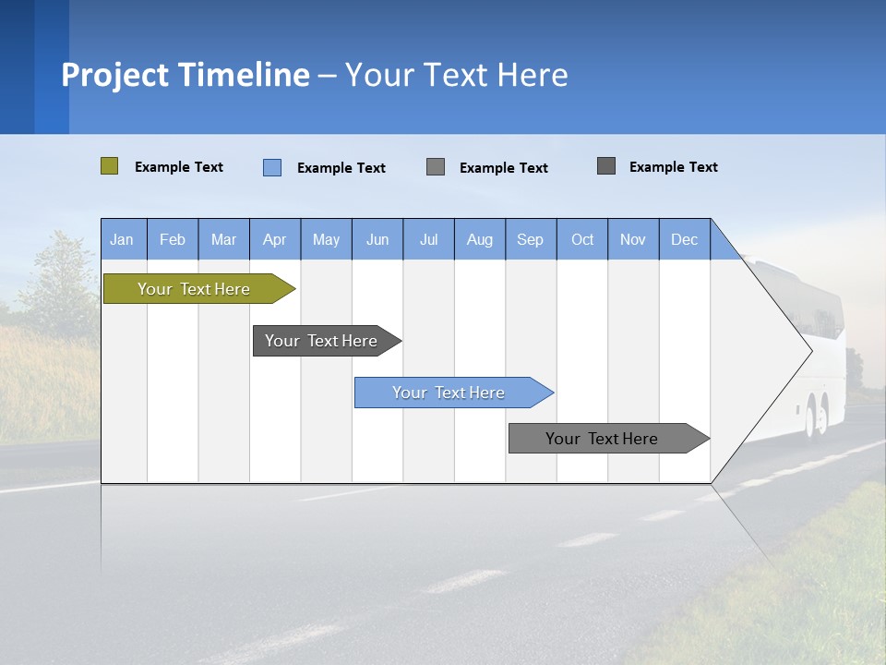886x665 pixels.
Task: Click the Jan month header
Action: [x=122, y=239]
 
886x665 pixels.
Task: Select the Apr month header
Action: [x=275, y=239]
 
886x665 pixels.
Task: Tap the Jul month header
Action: [x=428, y=239]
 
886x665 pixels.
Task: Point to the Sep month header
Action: [x=530, y=239]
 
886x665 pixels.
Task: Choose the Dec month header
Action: [x=684, y=239]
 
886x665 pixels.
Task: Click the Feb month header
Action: [x=173, y=239]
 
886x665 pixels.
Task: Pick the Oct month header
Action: [x=582, y=239]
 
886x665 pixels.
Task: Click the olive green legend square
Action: [x=109, y=166]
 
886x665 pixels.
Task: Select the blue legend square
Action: [x=272, y=167]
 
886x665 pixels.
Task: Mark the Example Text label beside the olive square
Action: [x=179, y=167]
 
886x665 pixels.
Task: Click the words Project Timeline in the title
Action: [x=186, y=75]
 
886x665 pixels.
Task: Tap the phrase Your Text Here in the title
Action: [x=456, y=75]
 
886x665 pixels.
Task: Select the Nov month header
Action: [x=633, y=239]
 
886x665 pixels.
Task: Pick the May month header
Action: [x=326, y=239]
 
